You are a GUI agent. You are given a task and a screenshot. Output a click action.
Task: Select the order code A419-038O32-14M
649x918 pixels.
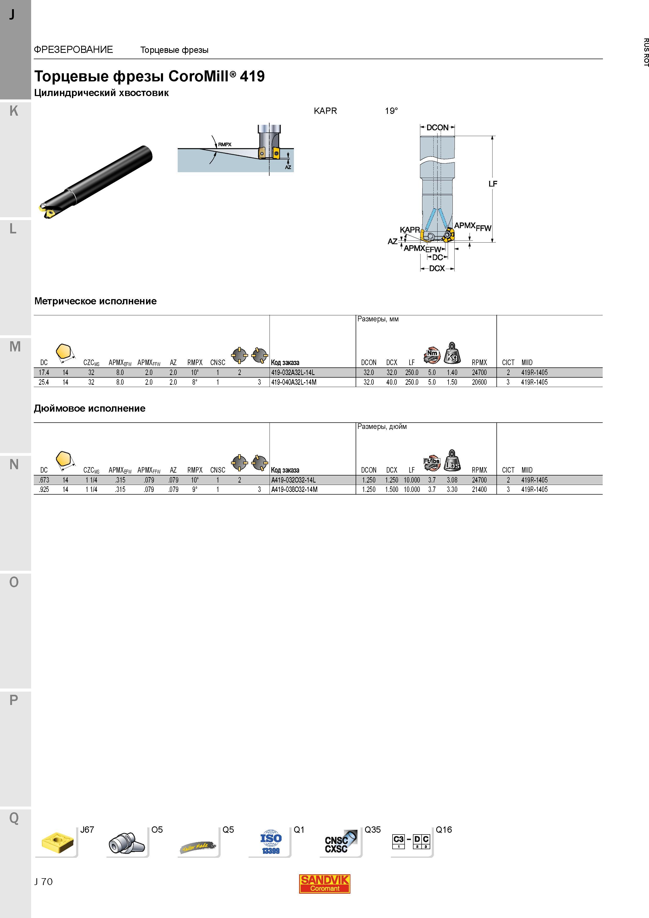click(x=294, y=489)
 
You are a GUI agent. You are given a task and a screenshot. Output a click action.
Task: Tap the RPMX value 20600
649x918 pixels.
click(x=479, y=382)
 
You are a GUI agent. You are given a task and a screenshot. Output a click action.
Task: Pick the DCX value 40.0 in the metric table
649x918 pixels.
click(x=391, y=382)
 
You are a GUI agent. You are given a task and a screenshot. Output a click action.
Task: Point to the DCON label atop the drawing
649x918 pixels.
click(x=438, y=127)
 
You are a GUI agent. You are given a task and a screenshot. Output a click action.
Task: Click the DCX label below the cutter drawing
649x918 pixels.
click(x=437, y=268)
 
